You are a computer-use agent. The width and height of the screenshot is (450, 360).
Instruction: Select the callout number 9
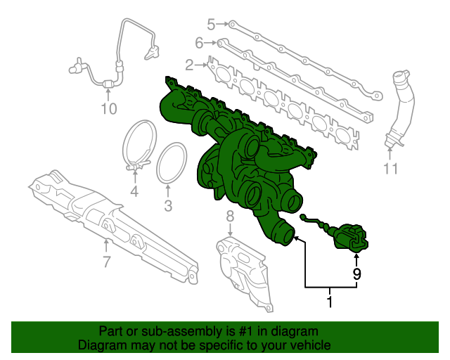pyautogui.click(x=356, y=274)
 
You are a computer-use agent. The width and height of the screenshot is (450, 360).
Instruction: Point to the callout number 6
pyautogui.click(x=199, y=44)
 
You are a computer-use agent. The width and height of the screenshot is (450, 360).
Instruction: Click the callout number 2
pyautogui.click(x=189, y=65)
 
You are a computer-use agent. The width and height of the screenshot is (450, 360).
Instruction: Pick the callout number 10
pyautogui.click(x=108, y=108)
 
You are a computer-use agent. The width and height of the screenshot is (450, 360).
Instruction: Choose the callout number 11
pyautogui.click(x=391, y=169)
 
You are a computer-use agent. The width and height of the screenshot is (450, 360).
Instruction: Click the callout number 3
pyautogui.click(x=167, y=206)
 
